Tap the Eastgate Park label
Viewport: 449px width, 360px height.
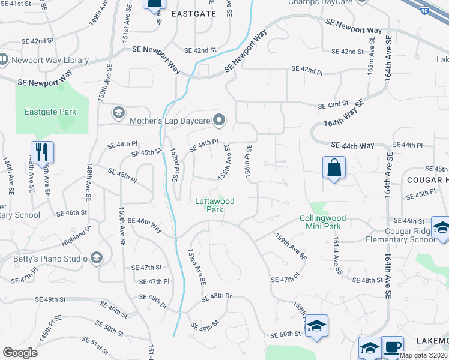click(50, 112)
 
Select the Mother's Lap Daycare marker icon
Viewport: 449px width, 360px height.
click(220, 121)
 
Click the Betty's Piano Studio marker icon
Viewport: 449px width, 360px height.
click(97, 259)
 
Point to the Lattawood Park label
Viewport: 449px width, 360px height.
click(214, 205)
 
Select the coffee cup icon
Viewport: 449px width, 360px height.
click(393, 347)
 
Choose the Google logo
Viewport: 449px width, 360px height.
click(20, 353)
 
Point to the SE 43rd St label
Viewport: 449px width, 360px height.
click(333, 104)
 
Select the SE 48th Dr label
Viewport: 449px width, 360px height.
click(216, 297)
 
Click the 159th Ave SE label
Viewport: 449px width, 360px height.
click(291, 246)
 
